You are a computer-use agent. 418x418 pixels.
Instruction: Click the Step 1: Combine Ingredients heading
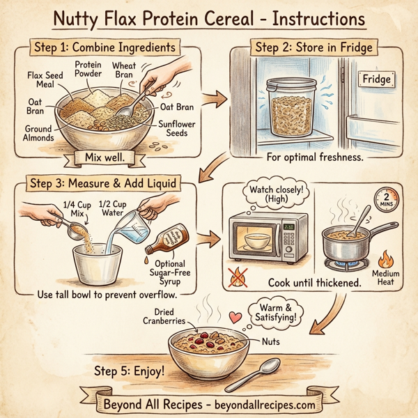104,49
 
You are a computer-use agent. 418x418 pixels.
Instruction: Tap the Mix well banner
102,158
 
